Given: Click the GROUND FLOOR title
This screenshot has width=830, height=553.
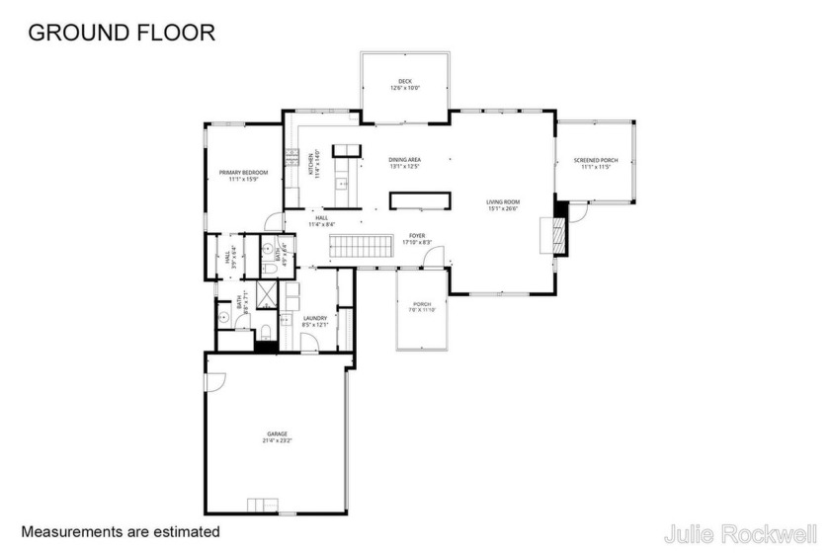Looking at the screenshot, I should [122, 33].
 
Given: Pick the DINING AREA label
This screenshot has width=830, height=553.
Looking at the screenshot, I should [404, 163].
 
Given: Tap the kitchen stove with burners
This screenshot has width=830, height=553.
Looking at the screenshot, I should [291, 156].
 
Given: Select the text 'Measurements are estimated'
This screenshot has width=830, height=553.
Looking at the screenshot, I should [121, 531].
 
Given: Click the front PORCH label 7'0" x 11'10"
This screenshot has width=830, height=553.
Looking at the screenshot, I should [422, 307].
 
